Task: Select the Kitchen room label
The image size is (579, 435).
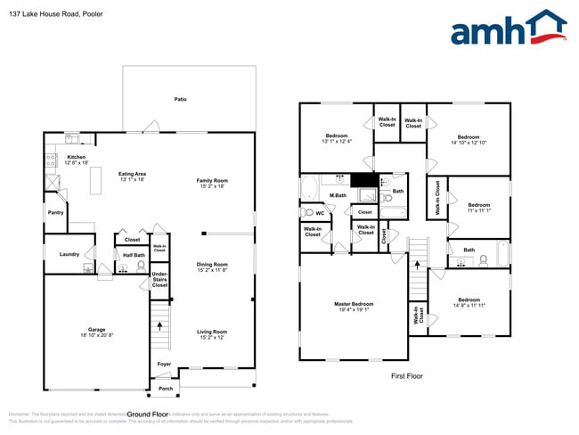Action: [x=77, y=157]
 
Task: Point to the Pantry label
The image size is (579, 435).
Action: [x=55, y=212]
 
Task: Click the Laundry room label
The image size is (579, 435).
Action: [x=70, y=254]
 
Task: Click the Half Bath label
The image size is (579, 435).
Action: [x=133, y=254]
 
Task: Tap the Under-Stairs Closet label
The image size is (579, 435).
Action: [x=159, y=279]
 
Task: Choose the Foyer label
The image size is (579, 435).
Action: [x=165, y=364]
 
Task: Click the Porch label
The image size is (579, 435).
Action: [x=166, y=388]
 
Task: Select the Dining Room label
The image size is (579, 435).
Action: [x=212, y=264]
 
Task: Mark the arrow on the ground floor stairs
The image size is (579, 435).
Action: [x=160, y=326]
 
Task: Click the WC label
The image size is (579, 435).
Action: [x=320, y=213]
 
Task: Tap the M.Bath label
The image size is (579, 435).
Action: [x=338, y=195]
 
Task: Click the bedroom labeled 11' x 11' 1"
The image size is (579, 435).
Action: [x=478, y=208]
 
